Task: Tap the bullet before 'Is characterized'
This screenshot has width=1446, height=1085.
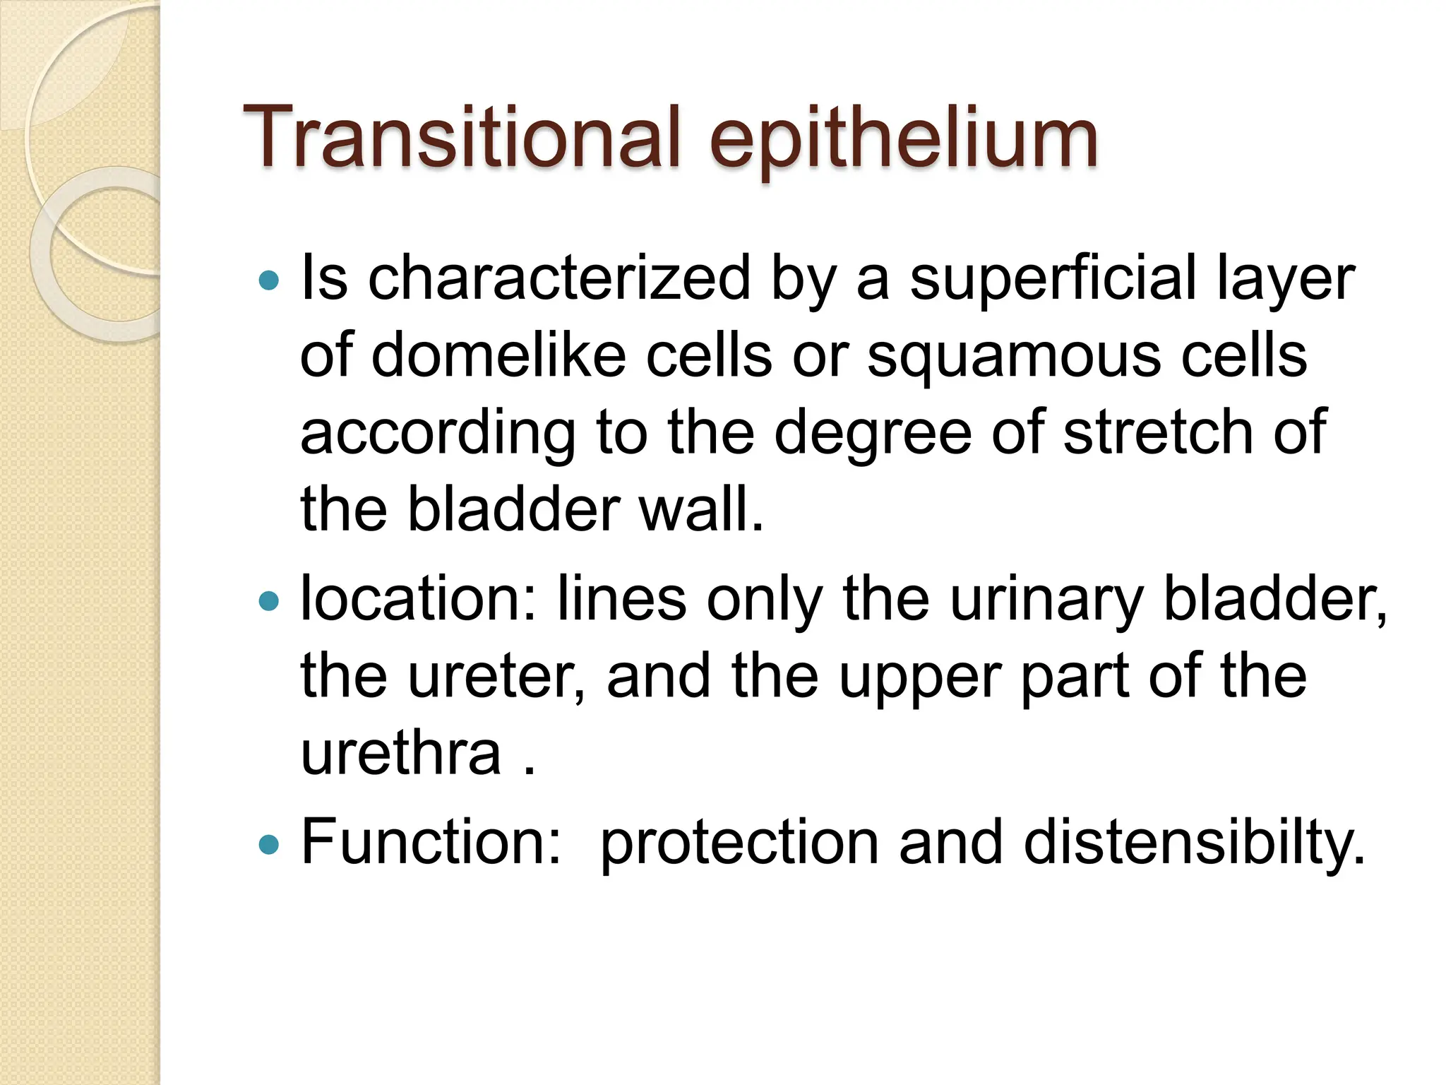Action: click(x=269, y=281)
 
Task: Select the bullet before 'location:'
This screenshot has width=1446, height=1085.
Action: click(x=269, y=601)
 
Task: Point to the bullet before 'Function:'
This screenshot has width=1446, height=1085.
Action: click(x=269, y=843)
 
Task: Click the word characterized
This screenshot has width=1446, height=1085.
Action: click(x=559, y=278)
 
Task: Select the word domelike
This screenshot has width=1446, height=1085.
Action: click(x=498, y=355)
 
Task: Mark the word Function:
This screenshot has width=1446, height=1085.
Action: click(x=431, y=841)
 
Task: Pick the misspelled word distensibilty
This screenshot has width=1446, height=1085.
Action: click(x=1194, y=843)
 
